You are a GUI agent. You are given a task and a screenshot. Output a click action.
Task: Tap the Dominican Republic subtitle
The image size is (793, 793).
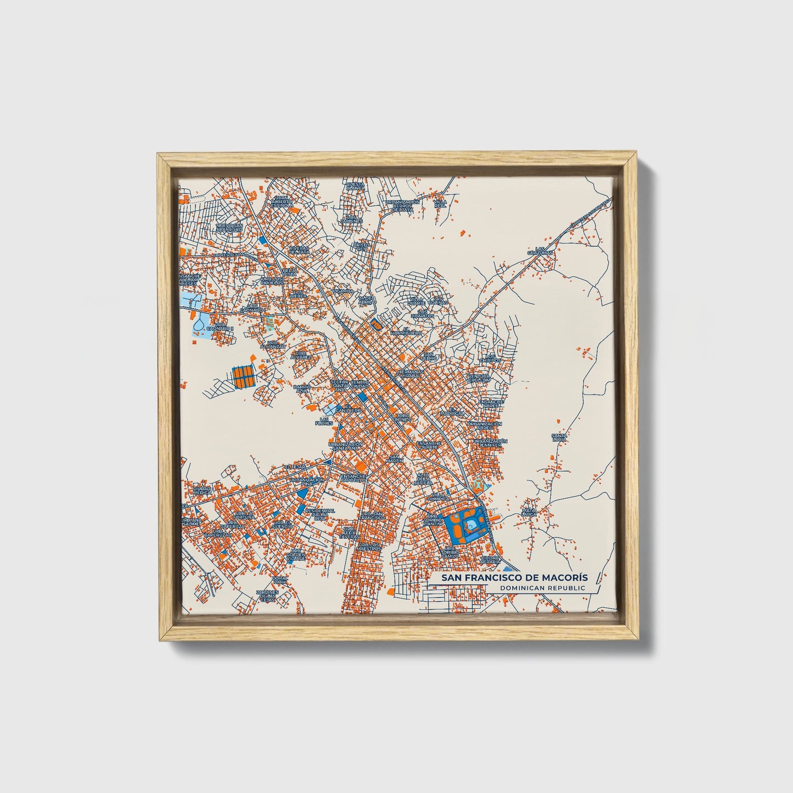click(x=539, y=588)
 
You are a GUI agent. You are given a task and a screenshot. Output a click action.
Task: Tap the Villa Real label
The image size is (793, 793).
click(x=440, y=203)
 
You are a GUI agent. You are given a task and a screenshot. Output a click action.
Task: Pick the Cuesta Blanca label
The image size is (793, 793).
click(x=355, y=186)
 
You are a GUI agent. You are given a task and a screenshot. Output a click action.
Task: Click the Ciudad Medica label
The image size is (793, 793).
click(x=201, y=490)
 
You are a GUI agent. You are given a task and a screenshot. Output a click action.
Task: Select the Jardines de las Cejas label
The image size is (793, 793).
click(x=268, y=596)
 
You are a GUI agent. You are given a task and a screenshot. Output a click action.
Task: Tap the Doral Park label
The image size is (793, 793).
click(x=280, y=580)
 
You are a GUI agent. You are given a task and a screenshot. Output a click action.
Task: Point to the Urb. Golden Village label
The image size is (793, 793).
click(x=296, y=555)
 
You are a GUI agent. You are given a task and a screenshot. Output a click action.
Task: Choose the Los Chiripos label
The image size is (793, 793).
click(x=490, y=358)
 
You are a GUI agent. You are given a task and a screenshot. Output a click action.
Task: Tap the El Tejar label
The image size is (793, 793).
click(x=294, y=466)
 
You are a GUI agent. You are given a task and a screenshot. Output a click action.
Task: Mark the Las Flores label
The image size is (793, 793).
click(x=324, y=422)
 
